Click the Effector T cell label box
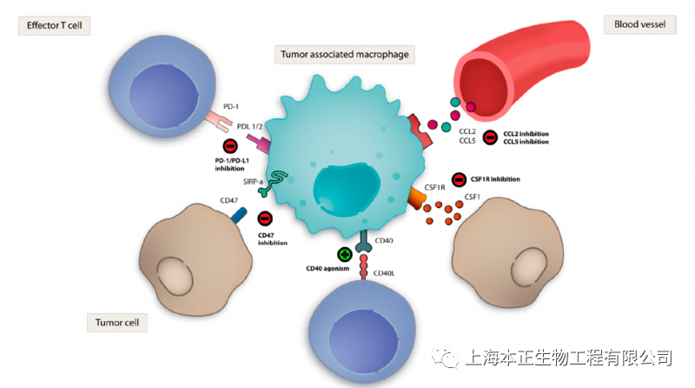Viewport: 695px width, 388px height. (x=55, y=25)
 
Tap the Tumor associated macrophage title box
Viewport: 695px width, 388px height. (x=345, y=55)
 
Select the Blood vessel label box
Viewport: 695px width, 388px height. (x=639, y=24)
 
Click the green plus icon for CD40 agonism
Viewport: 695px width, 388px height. (x=345, y=255)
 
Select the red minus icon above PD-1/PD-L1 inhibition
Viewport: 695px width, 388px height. (x=230, y=146)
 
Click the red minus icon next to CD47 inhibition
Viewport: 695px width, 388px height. (x=265, y=218)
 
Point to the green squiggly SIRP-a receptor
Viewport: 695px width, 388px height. (x=280, y=180)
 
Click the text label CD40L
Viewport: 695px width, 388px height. (x=383, y=274)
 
